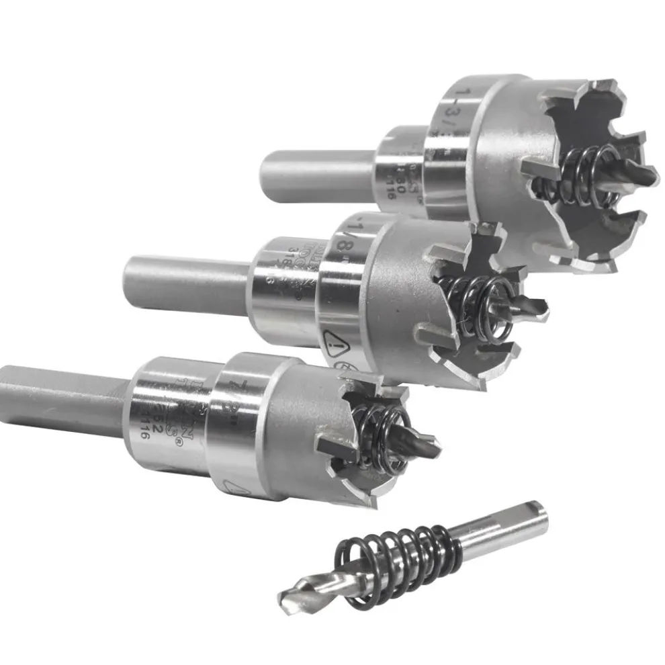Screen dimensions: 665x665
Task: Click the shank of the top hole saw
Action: pyautogui.click(x=316, y=175)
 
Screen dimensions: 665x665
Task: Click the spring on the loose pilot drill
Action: pyautogui.click(x=396, y=561)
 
